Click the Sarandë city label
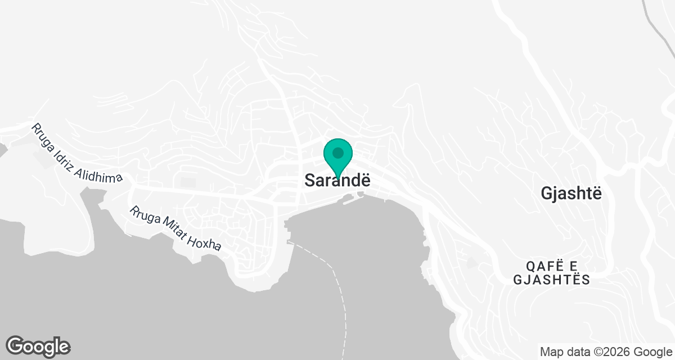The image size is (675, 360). (x=338, y=180)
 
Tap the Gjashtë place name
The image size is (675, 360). (x=571, y=193)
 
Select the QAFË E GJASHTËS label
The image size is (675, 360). (x=551, y=273)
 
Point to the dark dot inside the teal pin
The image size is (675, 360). (x=337, y=152)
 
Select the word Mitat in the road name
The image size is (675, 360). (x=167, y=227)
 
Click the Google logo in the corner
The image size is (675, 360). (x=38, y=346)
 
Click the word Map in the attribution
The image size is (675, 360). (x=551, y=352)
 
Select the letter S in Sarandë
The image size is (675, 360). (x=309, y=180)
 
